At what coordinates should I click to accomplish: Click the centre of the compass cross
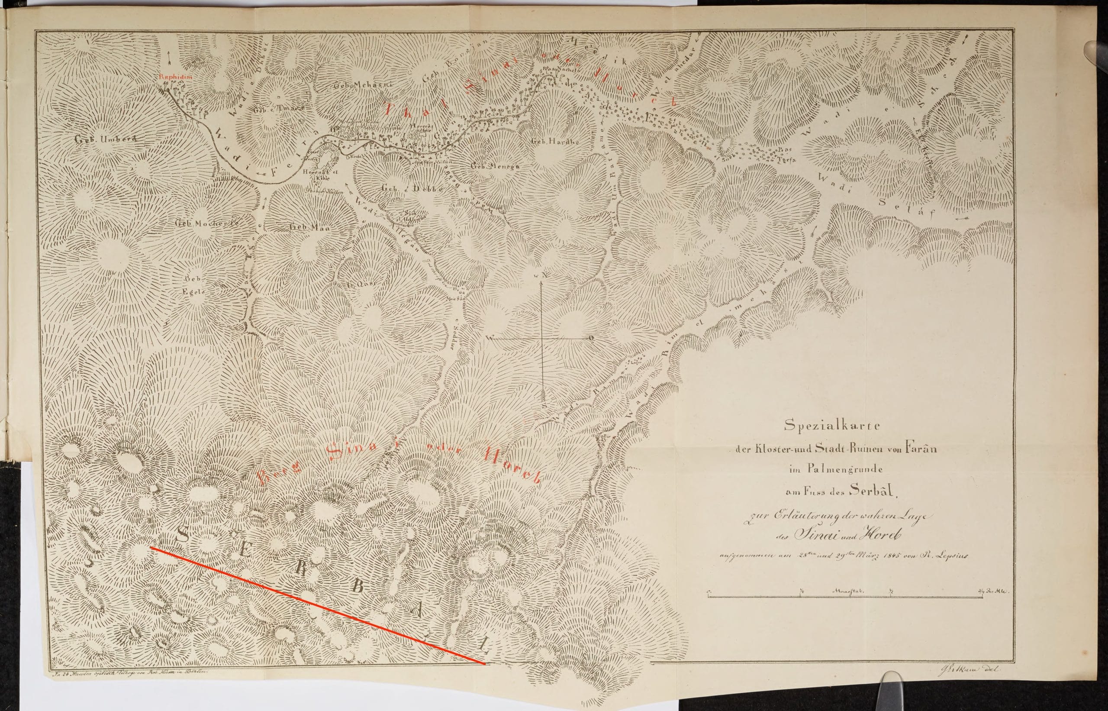(542, 339)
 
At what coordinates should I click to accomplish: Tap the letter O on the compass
(591, 338)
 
